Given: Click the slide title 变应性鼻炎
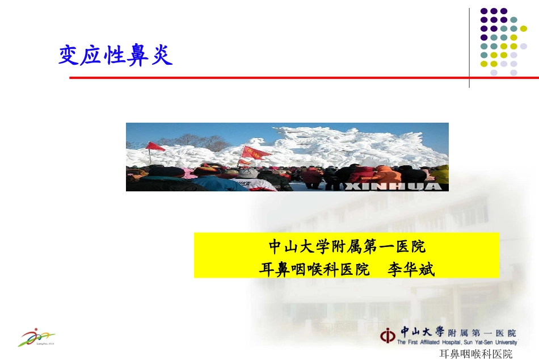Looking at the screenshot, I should pyautogui.click(x=115, y=56).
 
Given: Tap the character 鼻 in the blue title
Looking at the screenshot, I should pyautogui.click(x=138, y=56).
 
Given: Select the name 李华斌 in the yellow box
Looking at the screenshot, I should pyautogui.click(x=411, y=269).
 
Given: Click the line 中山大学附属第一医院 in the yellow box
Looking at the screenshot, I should pyautogui.click(x=347, y=247).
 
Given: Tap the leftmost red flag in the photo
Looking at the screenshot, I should pyautogui.click(x=153, y=146).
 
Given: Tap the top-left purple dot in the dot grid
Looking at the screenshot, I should pyautogui.click(x=484, y=11).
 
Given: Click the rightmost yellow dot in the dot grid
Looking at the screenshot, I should pyautogui.click(x=523, y=29).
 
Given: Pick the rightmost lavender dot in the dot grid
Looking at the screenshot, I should pyautogui.click(x=523, y=47).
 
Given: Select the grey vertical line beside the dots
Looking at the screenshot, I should pyautogui.click(x=469, y=48).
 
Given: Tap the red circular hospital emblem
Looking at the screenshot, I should pyautogui.click(x=389, y=336).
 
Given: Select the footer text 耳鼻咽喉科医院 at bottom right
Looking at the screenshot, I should pyautogui.click(x=476, y=354).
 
